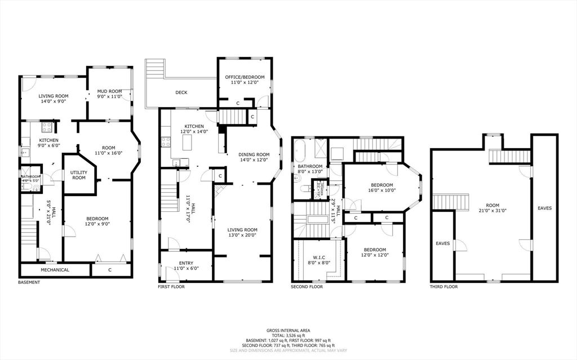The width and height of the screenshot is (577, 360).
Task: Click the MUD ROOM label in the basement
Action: coord(109,91)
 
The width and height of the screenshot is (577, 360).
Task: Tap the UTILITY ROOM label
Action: coord(79,175)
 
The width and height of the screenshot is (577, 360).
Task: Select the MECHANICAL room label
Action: coord(55,270)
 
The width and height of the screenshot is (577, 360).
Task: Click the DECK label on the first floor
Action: coord(181,92)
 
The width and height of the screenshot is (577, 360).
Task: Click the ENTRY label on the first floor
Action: coord(186,263)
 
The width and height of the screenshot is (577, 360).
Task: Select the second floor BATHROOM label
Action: coord(310,166)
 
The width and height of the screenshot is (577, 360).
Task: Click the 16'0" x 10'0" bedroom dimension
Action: coord(382,190)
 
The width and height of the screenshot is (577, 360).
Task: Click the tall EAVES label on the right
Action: coord(544,208)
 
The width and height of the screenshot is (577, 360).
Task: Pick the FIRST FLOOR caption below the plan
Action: coord(171,287)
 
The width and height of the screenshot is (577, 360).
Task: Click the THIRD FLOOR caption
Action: coord(444,287)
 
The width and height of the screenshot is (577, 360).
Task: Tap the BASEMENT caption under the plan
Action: coord(29,282)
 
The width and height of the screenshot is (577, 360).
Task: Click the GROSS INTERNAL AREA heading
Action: coord(288,331)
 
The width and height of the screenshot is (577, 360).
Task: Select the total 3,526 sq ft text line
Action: coord(288,336)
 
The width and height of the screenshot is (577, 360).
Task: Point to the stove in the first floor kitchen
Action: coord(166,141)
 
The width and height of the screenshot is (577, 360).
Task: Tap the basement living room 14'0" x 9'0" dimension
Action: coord(53,102)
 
